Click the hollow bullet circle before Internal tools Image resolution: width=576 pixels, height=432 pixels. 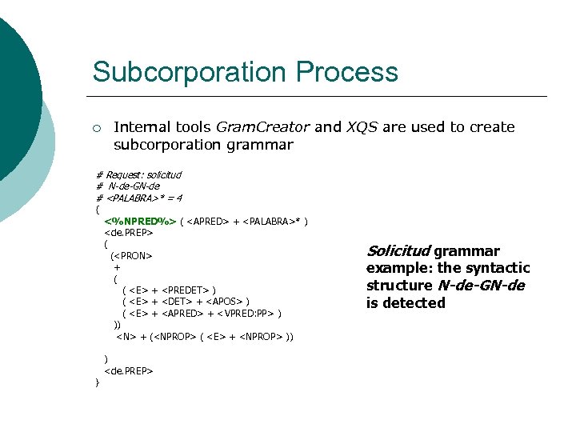tap(96, 127)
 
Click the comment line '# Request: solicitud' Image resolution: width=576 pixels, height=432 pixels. tap(138, 174)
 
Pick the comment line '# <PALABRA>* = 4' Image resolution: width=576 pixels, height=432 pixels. tap(138, 198)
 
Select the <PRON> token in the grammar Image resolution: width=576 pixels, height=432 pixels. tap(132, 256)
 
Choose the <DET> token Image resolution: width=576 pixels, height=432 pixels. tap(178, 302)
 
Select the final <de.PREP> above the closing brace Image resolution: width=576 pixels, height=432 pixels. tap(128, 371)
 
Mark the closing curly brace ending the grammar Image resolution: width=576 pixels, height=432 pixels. tap(97, 383)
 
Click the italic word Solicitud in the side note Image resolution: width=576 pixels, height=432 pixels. tap(398, 251)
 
